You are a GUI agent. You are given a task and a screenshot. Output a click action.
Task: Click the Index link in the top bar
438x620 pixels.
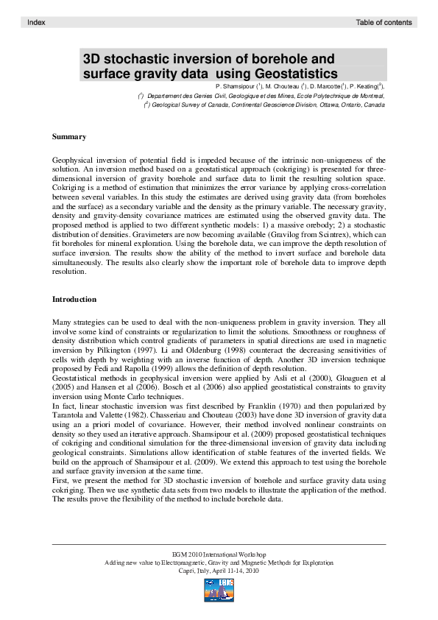coord(36,23)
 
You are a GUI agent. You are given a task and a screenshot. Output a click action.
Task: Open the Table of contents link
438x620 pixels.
coord(384,23)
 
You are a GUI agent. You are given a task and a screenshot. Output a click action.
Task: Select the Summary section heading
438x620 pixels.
coord(69,137)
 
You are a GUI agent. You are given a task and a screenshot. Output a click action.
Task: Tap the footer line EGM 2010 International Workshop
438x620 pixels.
coord(219,554)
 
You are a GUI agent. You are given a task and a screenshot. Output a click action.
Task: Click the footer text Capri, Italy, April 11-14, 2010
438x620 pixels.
coord(219,570)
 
